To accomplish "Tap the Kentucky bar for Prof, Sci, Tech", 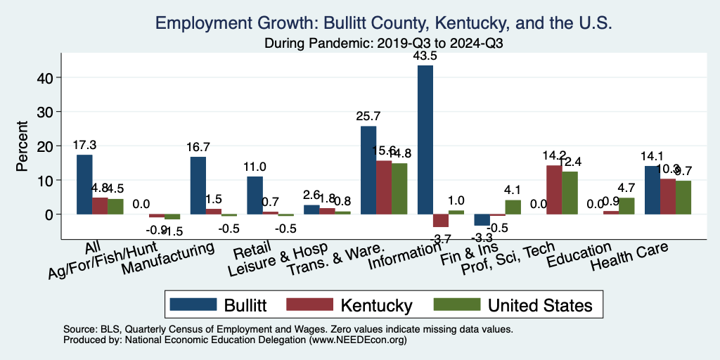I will click(x=554, y=190).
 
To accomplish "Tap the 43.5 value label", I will click(x=425, y=56).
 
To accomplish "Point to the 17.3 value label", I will click(x=84, y=145).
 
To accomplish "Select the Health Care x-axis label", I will click(x=629, y=257).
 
